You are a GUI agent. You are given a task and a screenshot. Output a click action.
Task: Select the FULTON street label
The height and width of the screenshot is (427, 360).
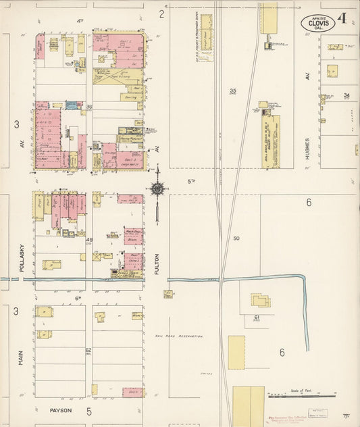click(156, 264)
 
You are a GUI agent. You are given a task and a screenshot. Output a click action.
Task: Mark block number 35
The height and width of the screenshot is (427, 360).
click(233, 91)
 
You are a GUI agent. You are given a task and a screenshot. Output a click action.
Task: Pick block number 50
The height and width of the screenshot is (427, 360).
click(236, 238)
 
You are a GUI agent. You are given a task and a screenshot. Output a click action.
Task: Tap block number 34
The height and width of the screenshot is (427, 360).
click(347, 95)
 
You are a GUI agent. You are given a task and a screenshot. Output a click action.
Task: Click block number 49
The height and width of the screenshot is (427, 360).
click(89, 240)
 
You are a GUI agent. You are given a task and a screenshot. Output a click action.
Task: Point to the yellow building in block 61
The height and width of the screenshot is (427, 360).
click(260, 299)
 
